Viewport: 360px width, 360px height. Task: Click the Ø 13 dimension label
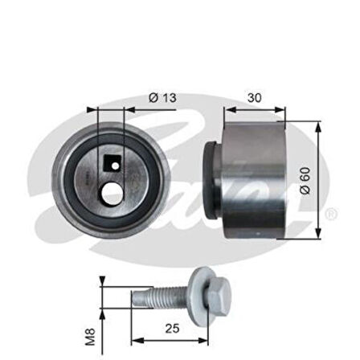coord(162,98)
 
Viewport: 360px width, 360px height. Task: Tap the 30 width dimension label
coord(254,98)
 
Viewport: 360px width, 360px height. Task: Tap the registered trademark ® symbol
coord(330,214)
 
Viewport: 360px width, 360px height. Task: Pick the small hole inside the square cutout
coord(114,166)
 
